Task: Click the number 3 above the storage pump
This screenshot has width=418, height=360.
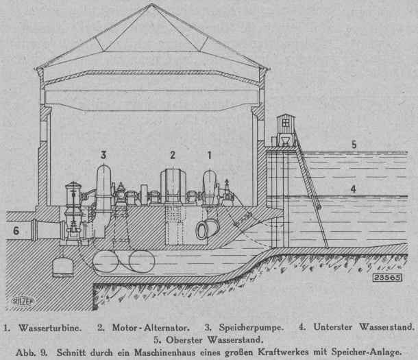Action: click(103, 154)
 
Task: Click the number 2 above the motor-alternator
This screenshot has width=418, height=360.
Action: click(173, 155)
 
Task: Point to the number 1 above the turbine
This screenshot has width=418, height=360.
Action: click(210, 156)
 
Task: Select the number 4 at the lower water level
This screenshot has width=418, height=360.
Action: click(353, 188)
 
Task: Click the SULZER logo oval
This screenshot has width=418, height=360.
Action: click(23, 300)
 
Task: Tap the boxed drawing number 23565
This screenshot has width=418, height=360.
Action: click(389, 278)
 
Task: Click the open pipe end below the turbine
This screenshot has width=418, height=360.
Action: click(204, 231)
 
